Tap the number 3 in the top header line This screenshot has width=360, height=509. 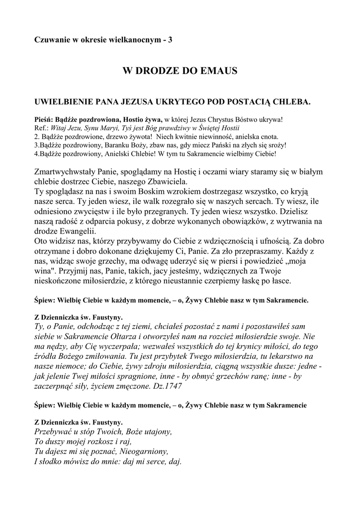pyautogui.click(x=171, y=39)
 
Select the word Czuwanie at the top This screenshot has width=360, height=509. pyautogui.click(x=50, y=39)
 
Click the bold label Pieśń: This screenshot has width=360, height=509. pyautogui.click(x=43, y=120)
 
